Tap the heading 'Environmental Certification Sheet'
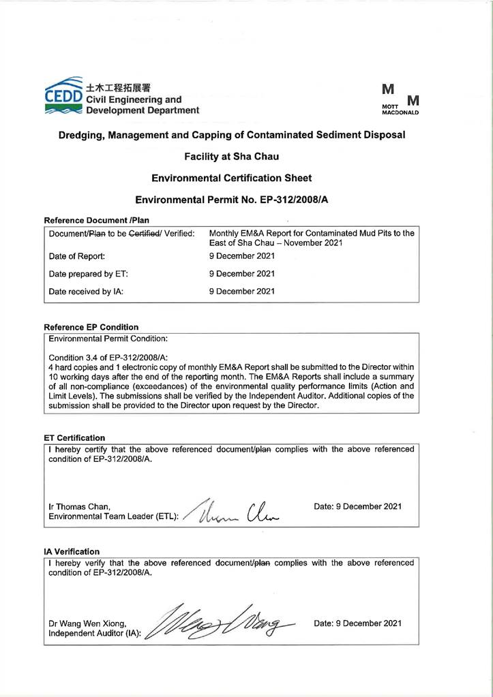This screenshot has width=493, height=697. pyautogui.click(x=231, y=178)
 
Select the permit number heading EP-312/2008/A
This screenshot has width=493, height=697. pyautogui.click(x=231, y=200)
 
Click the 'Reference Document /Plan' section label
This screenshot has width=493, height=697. pyautogui.click(x=96, y=220)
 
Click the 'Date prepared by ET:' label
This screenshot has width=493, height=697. pyautogui.click(x=89, y=274)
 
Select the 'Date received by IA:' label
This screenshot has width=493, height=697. pyautogui.click(x=86, y=292)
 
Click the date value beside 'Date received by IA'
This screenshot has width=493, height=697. pyautogui.click(x=241, y=292)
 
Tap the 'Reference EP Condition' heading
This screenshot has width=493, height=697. pyautogui.click(x=91, y=327)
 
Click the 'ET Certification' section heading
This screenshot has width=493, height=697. pyautogui.click(x=74, y=437)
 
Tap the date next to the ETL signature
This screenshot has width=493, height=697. pyautogui.click(x=357, y=507)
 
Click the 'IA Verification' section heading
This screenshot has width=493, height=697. pyautogui.click(x=72, y=551)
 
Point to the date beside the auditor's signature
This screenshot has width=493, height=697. pyautogui.click(x=357, y=623)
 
